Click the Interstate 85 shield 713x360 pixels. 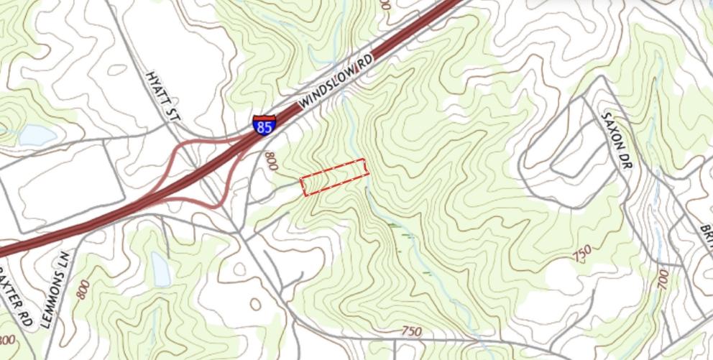click(264, 125)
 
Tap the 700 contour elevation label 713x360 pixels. click(662, 280)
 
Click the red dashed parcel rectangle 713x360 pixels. click(333, 177)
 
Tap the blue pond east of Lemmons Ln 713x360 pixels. click(160, 268)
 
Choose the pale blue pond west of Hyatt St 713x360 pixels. click(37, 134)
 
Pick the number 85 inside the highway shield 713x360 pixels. click(264, 128)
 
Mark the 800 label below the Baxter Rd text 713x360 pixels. click(6, 340)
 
